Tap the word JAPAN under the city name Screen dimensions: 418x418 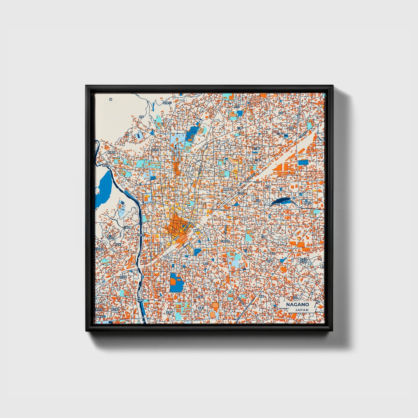point(302,310)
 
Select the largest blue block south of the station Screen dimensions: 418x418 point(176,282)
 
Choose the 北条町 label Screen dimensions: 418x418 point(241,193)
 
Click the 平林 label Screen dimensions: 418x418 point(277,204)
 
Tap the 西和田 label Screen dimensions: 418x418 point(308,203)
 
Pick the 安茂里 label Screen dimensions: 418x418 point(123,277)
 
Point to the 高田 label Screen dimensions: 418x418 point(272,253)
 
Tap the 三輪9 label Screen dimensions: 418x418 point(256,148)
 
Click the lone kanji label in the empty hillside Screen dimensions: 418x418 point(111,99)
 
